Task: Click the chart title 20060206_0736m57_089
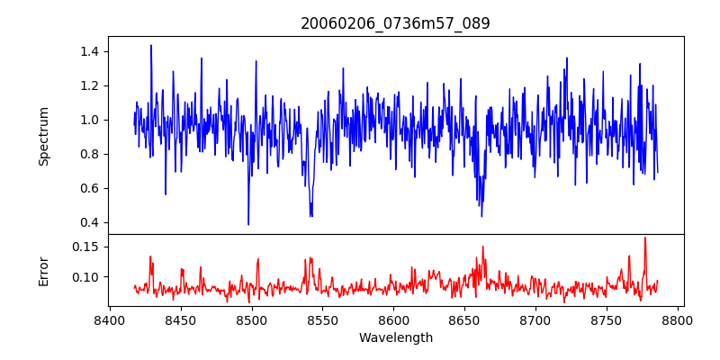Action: click(395, 23)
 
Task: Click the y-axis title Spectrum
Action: click(43, 136)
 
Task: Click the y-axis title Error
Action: click(43, 270)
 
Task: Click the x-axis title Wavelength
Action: click(395, 338)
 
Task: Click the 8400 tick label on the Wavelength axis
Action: click(110, 320)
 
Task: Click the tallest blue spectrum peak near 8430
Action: click(151, 45)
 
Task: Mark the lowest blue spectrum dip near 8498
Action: click(248, 224)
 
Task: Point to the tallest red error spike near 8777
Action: click(645, 238)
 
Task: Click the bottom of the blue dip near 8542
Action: click(310, 216)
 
